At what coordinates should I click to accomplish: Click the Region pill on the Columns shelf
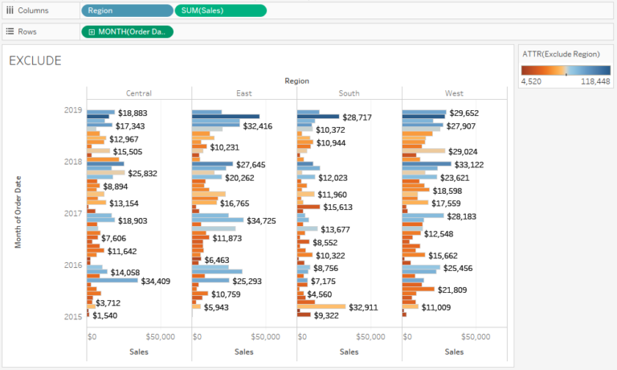point(126,10)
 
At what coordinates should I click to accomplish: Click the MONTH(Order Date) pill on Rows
point(127,31)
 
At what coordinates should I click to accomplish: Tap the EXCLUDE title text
point(35,60)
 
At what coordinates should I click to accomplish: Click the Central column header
point(139,93)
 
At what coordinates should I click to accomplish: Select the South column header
point(349,93)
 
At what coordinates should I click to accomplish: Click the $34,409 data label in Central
point(155,282)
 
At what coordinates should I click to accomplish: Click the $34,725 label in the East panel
point(261,220)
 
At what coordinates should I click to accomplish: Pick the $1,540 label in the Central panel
point(105,316)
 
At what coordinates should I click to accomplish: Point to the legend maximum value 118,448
point(595,81)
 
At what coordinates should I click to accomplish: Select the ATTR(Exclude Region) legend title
point(561,53)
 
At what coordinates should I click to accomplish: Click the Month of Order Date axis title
point(17,212)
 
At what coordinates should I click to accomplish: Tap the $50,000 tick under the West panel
point(476,336)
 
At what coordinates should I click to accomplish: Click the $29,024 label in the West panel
point(463,151)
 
